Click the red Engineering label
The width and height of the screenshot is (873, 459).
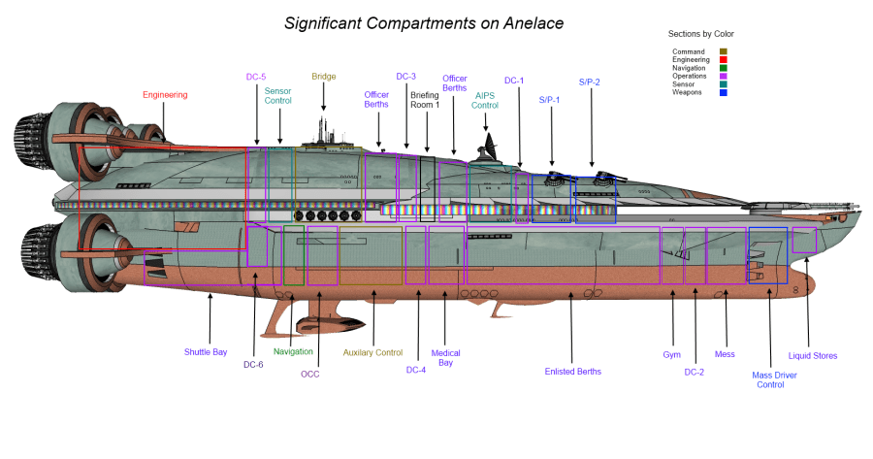(164, 94)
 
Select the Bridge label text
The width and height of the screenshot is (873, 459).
(323, 77)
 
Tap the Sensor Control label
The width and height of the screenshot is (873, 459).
(277, 95)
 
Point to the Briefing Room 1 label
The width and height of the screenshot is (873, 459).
(425, 99)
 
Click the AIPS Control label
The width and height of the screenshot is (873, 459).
(486, 100)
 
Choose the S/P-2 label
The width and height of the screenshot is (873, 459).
(590, 82)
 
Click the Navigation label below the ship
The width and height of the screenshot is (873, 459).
(293, 351)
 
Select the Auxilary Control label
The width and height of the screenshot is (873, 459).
(372, 352)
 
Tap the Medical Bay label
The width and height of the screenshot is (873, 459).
(445, 358)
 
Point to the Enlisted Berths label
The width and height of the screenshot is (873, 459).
(572, 371)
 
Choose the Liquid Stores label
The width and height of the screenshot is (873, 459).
(813, 355)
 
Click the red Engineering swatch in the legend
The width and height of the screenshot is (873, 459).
(724, 60)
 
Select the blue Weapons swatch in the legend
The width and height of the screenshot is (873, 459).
(724, 92)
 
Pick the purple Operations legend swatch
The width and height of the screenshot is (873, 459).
(724, 76)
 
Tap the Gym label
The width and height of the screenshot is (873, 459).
(672, 354)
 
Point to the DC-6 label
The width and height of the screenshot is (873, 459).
(253, 364)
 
